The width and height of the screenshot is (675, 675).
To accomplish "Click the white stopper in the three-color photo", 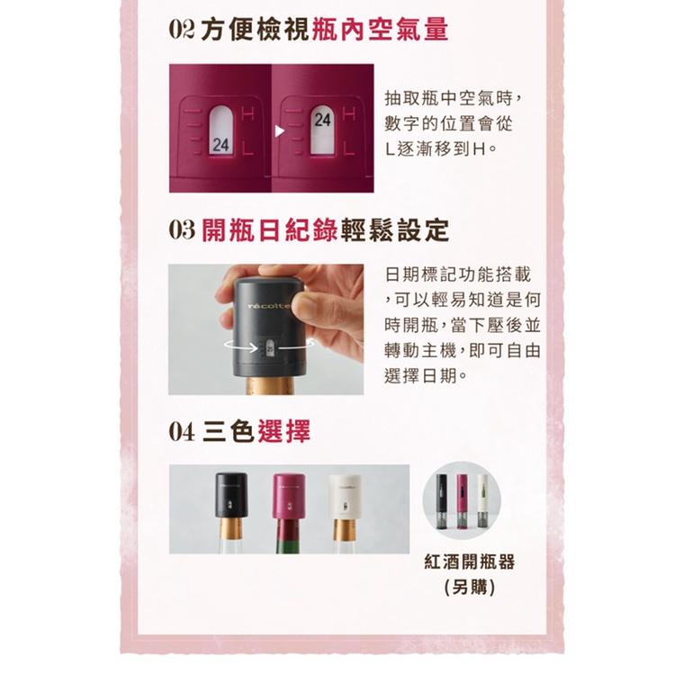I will (x=345, y=494).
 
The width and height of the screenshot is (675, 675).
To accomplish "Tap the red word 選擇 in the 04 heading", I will (x=283, y=432).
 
